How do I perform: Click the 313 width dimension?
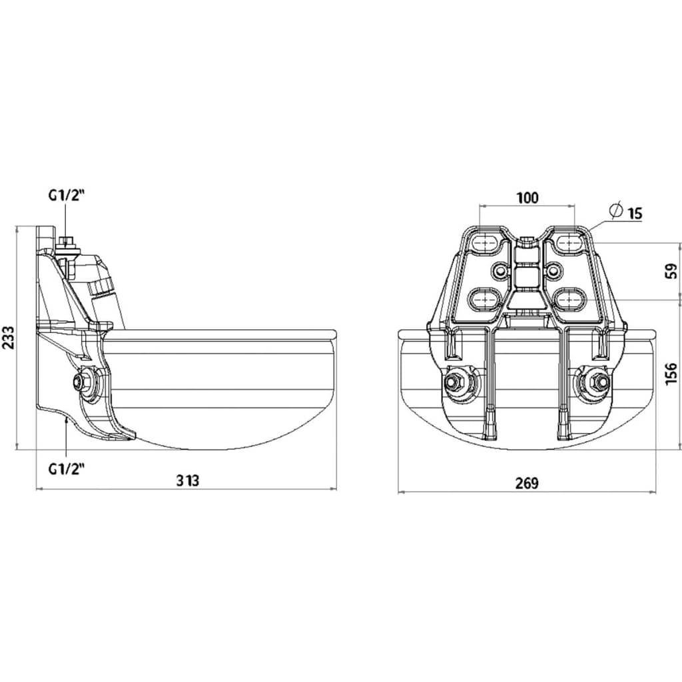188,481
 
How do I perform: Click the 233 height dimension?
9,337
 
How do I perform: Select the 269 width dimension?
527,483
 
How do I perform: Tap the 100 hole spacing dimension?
527,198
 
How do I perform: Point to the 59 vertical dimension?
672,271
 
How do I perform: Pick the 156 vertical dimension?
672,373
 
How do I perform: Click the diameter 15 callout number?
635,213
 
